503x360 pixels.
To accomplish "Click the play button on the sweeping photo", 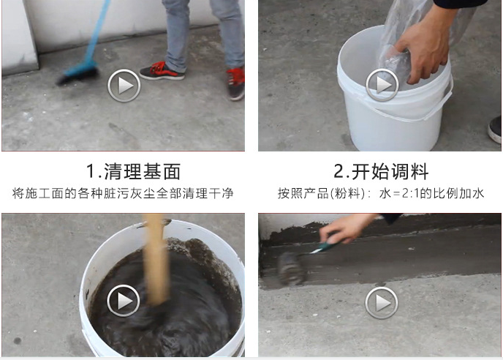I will point(124,86).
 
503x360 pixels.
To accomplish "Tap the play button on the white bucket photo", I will point(382,86).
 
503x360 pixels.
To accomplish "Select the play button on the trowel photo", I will point(382,301).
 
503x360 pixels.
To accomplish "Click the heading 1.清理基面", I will point(133,172).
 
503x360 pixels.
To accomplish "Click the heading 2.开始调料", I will point(381,172).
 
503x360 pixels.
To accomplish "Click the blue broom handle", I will point(97,29).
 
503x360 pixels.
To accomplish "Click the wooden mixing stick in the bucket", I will point(156,256).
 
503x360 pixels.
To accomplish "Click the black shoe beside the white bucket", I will point(495,129).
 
